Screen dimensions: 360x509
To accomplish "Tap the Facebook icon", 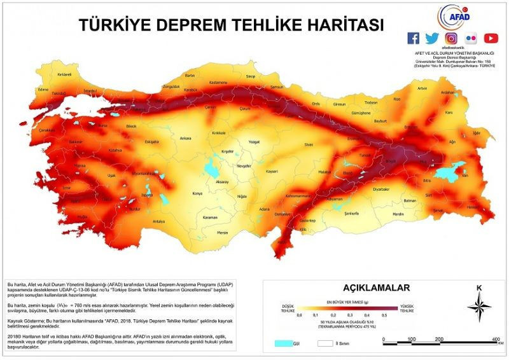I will click(x=413, y=38).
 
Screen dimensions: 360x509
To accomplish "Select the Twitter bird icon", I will click(x=432, y=38).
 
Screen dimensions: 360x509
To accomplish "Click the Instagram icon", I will click(x=451, y=38).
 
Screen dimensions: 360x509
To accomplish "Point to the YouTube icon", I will click(x=491, y=38).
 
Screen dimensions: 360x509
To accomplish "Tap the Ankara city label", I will click(x=185, y=137).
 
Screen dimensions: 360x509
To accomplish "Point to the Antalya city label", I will click(x=158, y=221).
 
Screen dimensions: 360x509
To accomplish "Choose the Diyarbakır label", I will click(x=380, y=189).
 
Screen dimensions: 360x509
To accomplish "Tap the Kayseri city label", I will click(x=272, y=172).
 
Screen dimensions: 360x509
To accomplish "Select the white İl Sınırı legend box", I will click(x=323, y=343).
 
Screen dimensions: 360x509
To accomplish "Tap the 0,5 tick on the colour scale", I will click(x=384, y=315).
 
